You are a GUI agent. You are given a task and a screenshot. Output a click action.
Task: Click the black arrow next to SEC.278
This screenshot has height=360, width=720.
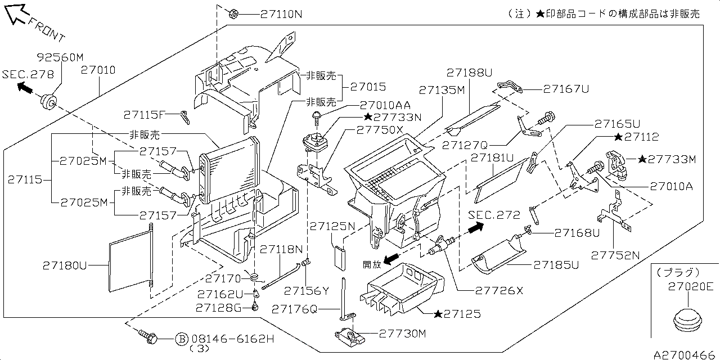point(24,87)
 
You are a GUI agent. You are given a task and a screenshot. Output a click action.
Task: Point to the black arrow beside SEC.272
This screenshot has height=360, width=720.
point(475,228)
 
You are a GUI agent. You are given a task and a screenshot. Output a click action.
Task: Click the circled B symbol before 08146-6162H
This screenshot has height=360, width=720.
point(181,339)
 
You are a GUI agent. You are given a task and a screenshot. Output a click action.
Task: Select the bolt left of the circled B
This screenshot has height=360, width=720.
point(148,337)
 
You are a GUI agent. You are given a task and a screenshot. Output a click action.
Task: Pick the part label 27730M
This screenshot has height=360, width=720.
point(403,334)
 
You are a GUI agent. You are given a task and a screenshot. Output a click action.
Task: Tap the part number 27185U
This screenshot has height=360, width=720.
point(556,264)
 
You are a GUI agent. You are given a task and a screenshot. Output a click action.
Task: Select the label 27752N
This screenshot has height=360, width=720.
point(615,255)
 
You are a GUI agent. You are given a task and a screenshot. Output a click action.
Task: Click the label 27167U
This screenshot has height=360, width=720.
point(566,88)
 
